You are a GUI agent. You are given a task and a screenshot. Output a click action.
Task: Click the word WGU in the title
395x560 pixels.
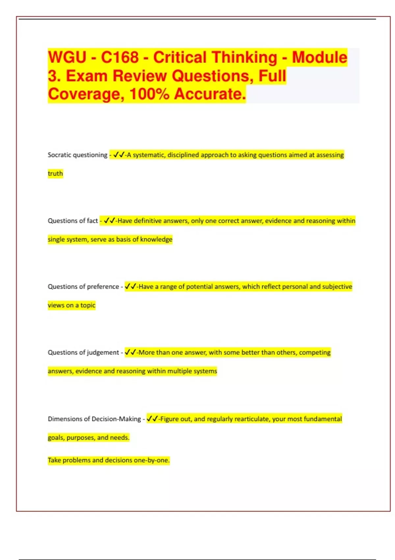tap(67, 57)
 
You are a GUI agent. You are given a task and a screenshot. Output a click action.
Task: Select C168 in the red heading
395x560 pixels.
tap(120, 57)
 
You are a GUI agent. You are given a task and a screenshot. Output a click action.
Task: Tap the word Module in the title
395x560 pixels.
tap(319, 57)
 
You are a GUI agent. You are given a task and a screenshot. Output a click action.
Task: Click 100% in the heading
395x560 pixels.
tap(149, 94)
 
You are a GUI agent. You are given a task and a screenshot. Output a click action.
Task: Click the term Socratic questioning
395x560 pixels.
tap(78, 155)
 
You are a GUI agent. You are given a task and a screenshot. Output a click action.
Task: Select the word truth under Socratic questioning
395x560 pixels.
tap(55, 174)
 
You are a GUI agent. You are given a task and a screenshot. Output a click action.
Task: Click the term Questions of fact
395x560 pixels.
tap(73, 221)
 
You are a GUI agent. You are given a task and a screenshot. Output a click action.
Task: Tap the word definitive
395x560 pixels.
tap(148, 221)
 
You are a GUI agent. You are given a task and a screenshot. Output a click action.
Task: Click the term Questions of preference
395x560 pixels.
tap(83, 287)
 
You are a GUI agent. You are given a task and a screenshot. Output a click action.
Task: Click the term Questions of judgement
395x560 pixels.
tap(83, 352)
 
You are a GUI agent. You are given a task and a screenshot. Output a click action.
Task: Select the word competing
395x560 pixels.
tap(314, 352)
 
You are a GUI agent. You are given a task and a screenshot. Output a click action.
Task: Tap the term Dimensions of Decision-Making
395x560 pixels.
tap(94, 419)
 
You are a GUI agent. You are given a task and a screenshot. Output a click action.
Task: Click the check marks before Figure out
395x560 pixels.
tap(152, 419)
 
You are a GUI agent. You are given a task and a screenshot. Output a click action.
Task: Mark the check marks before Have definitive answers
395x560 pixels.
tap(109, 221)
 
